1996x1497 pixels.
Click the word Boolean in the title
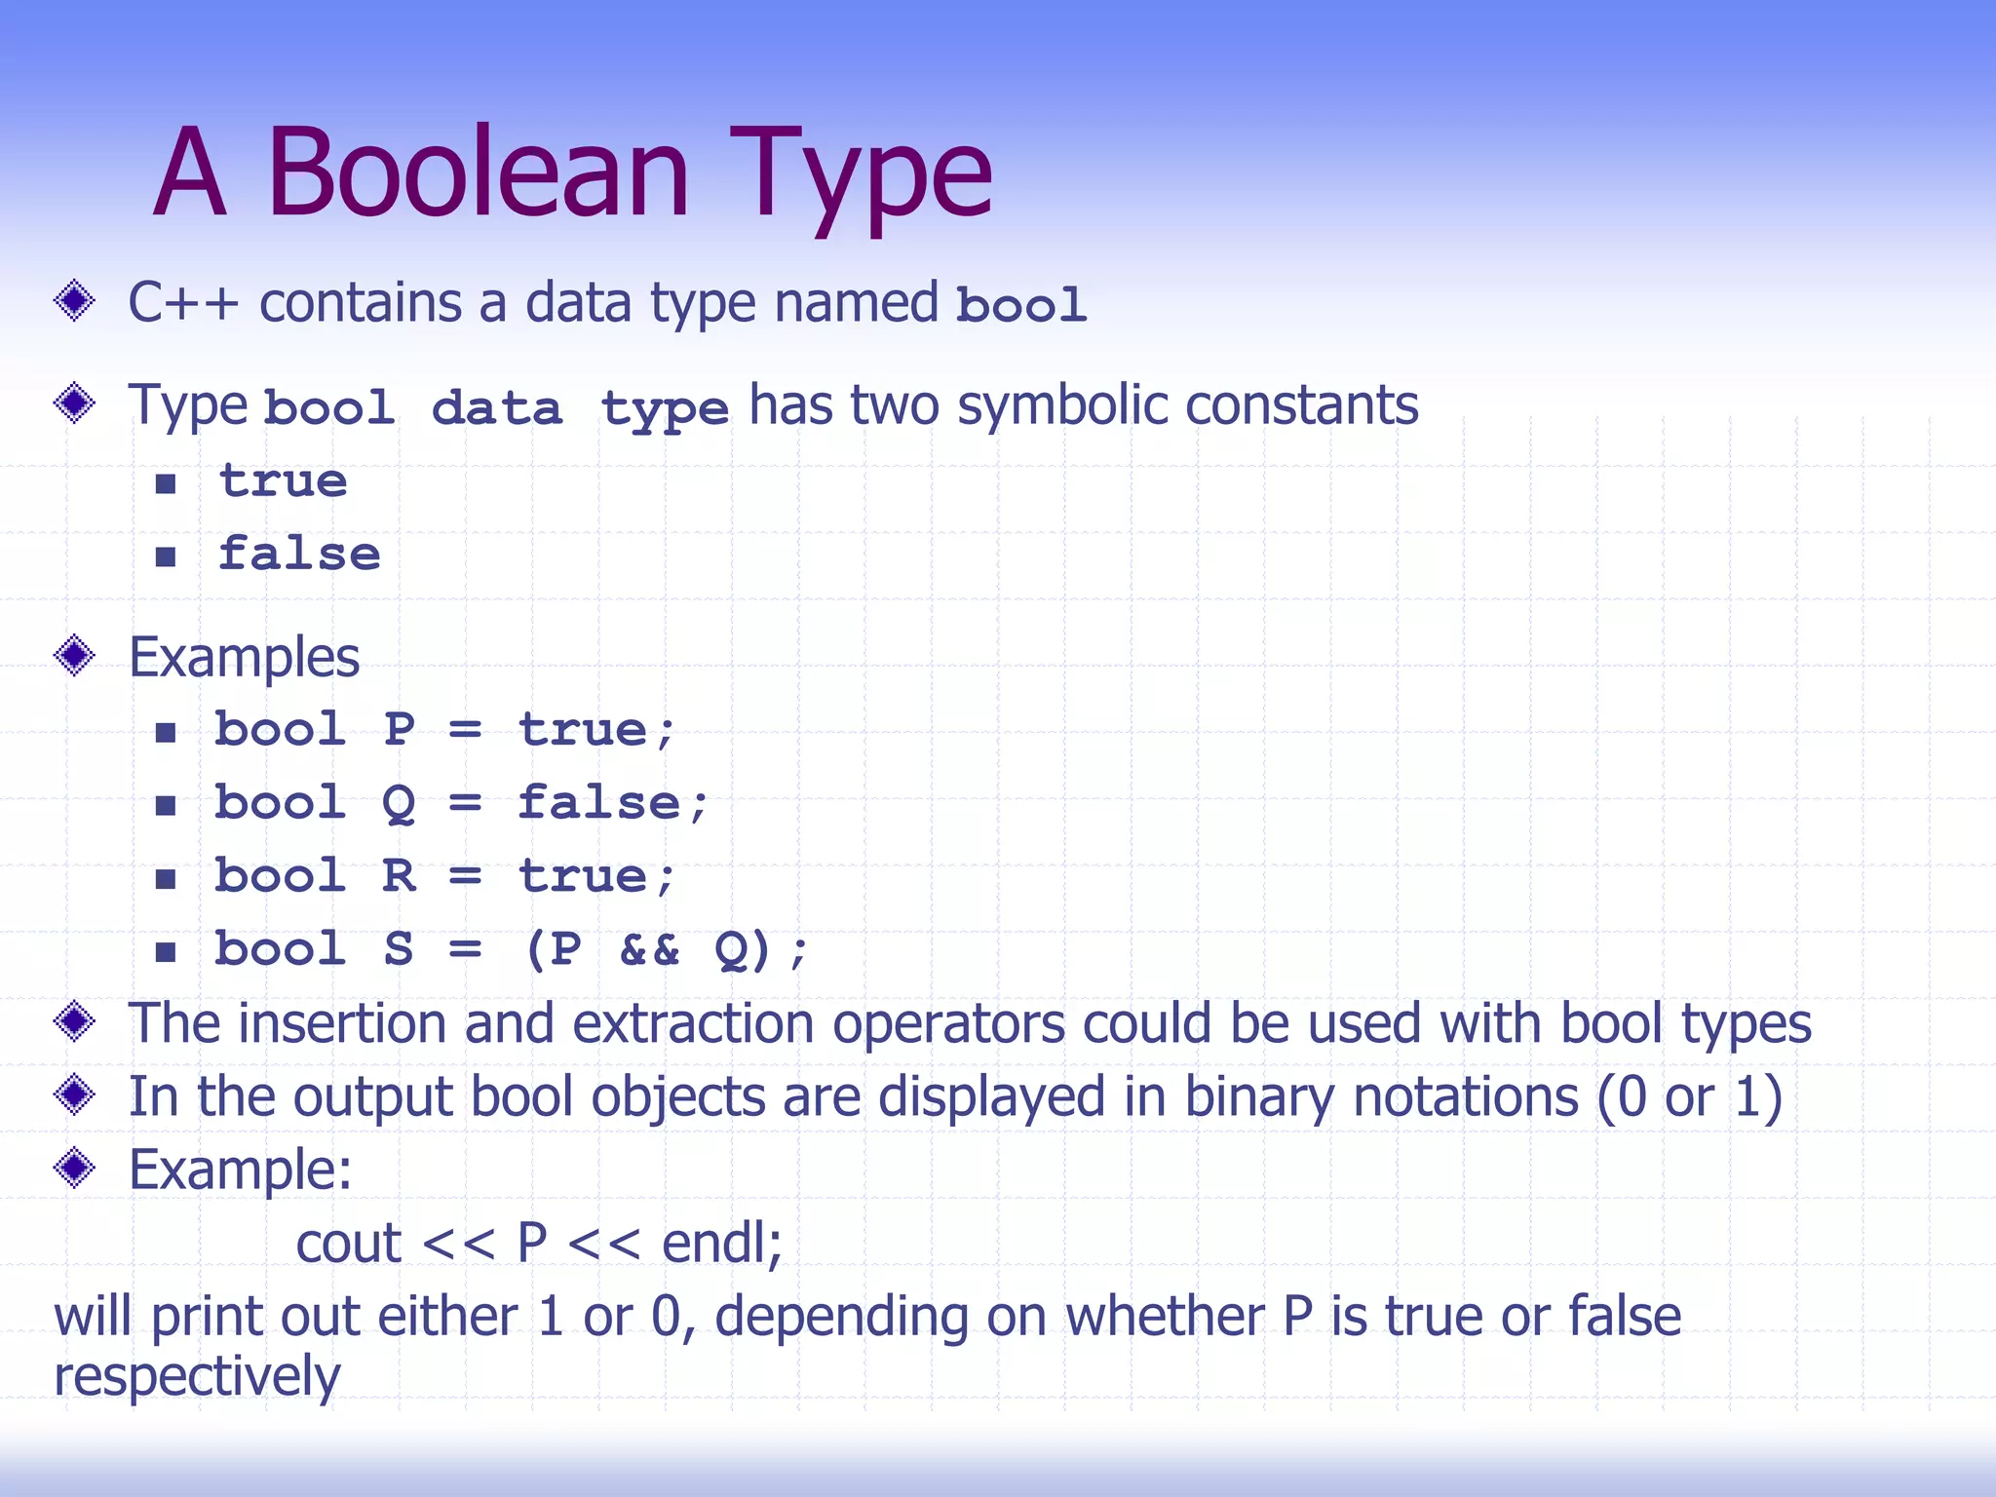(478, 173)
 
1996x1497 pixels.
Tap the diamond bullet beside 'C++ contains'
(74, 300)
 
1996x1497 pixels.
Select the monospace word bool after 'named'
(1020, 304)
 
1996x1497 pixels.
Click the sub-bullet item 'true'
(283, 481)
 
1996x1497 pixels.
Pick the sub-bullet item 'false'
(298, 554)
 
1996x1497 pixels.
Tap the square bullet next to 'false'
(166, 557)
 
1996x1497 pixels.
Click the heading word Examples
(244, 657)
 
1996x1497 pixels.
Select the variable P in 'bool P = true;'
(399, 729)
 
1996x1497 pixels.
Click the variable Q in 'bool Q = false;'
(399, 804)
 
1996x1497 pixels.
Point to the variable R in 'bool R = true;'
(399, 876)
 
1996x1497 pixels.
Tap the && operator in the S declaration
(649, 949)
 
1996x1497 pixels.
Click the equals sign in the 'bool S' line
(465, 949)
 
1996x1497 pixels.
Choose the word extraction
(693, 1023)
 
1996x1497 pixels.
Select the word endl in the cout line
(720, 1243)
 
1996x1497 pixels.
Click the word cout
(348, 1244)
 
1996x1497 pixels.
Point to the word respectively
(197, 1376)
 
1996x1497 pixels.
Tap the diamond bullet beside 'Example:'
(74, 1168)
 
